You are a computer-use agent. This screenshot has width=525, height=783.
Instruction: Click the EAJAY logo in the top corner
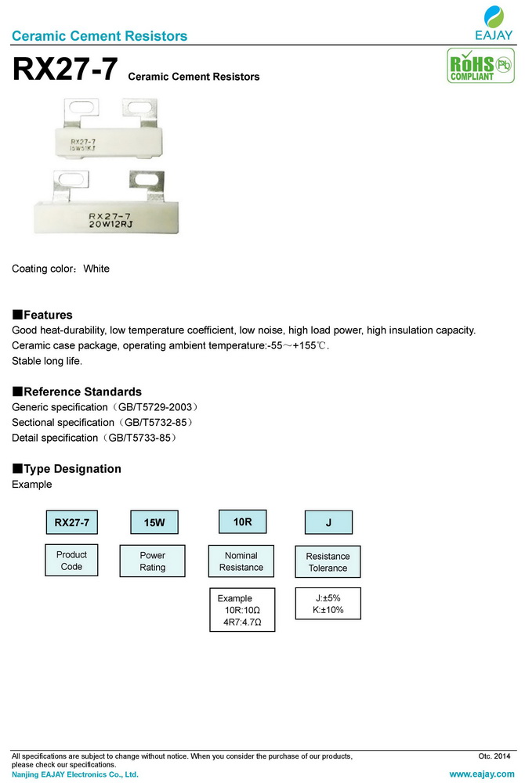(x=494, y=23)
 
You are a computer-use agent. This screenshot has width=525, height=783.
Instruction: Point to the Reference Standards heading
(x=77, y=391)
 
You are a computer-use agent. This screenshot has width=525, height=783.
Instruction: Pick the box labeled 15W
(x=154, y=522)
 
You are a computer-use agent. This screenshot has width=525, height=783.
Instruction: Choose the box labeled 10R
(x=241, y=521)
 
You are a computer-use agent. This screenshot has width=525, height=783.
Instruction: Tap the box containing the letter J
(x=328, y=522)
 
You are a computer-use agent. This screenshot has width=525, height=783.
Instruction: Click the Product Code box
(x=71, y=561)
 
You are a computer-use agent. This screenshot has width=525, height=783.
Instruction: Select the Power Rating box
(x=153, y=561)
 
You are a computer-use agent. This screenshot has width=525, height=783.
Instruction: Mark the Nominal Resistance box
(x=241, y=561)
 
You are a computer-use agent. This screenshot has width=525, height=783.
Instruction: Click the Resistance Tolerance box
(x=328, y=561)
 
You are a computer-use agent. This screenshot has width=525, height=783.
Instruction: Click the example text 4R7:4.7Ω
(x=241, y=623)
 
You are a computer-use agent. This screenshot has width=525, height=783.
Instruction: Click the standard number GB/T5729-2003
(x=154, y=408)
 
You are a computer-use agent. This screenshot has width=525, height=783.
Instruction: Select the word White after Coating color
(x=96, y=269)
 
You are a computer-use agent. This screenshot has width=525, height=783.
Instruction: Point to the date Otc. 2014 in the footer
(x=494, y=756)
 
